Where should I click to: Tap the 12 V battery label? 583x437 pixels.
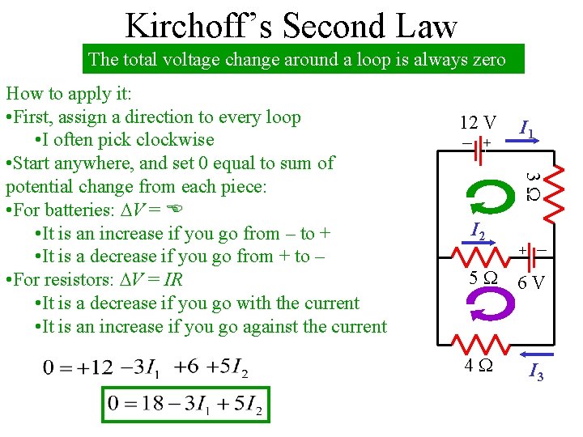point(478,123)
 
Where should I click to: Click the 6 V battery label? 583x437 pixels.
point(531,283)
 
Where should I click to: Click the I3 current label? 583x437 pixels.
point(535,373)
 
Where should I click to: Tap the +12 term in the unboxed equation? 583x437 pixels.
point(100,368)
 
